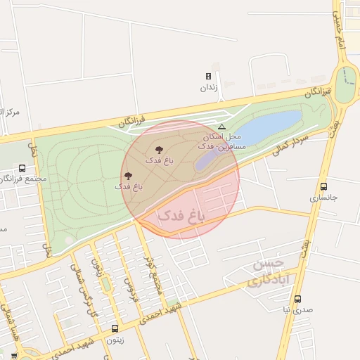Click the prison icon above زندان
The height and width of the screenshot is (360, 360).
[208, 77]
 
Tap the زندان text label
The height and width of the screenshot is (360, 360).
[208, 88]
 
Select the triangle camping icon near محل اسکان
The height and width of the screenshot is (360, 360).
[221, 127]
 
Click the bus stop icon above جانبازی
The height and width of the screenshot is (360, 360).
[323, 186]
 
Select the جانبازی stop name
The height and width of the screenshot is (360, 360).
[323, 198]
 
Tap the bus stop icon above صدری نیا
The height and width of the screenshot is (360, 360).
[297, 299]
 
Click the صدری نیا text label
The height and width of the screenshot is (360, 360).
[297, 309]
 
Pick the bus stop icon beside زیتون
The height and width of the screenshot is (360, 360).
[115, 328]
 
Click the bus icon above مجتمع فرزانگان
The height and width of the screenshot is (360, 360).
[22, 169]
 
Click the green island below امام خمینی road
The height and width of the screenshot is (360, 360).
[345, 84]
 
